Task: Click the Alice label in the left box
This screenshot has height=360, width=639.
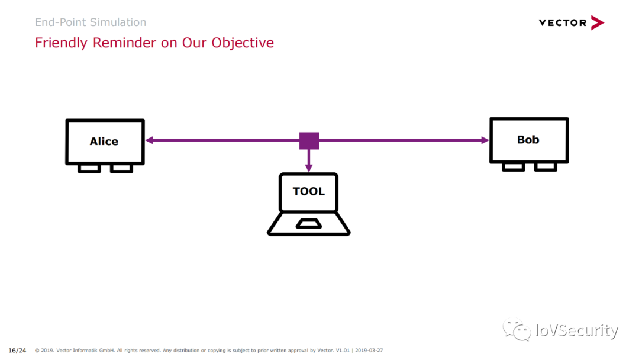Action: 104,141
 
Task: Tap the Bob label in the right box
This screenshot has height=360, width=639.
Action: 528,139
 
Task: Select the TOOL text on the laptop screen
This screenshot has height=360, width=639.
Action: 308,191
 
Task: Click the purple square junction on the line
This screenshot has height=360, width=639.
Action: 309,141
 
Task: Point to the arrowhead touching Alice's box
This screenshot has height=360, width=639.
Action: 149,140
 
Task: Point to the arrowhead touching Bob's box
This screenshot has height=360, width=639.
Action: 485,140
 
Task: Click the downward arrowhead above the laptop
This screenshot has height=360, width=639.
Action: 309,168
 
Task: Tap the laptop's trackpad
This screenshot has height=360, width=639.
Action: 308,224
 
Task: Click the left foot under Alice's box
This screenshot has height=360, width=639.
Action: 89,168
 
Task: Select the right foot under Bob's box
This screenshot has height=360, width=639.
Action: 546,166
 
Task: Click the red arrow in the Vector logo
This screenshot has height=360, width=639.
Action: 597,23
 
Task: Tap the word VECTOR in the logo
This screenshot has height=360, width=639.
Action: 563,23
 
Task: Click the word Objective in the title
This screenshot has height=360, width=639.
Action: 243,43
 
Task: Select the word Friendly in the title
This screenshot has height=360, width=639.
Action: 61,43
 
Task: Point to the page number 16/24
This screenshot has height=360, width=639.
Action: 17,350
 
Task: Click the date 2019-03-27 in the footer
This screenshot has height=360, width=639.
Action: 369,350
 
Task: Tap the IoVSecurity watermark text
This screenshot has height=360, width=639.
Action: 577,330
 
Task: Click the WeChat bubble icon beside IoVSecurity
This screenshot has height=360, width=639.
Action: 517,329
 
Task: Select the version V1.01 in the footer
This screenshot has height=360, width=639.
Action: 343,350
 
